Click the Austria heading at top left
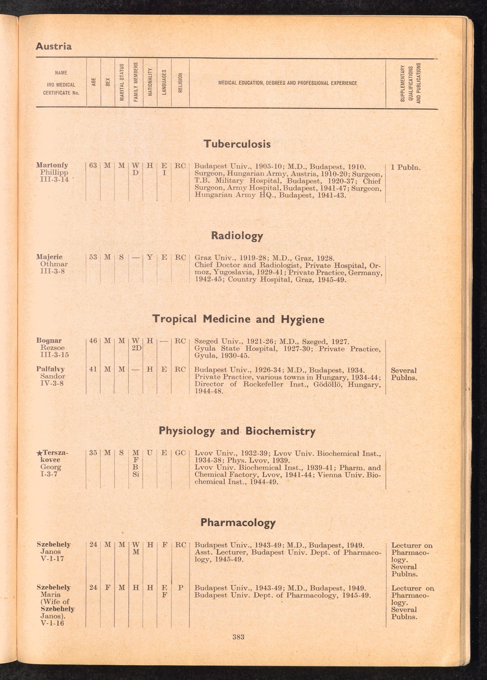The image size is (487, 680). pos(54,47)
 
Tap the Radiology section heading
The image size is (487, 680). pos(237,236)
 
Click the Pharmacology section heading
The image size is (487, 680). pos(238,523)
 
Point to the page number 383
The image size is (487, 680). pos(238,637)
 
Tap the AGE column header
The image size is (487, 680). pos(94,82)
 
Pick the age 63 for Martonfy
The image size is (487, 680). pos(93,165)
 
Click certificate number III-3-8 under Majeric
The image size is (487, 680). pos(52,271)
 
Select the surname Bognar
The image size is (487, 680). pos(49,340)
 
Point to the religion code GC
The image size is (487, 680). pos(180,453)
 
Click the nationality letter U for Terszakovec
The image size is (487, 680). pos(150,453)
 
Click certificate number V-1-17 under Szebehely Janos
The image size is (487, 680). pos(52,559)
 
